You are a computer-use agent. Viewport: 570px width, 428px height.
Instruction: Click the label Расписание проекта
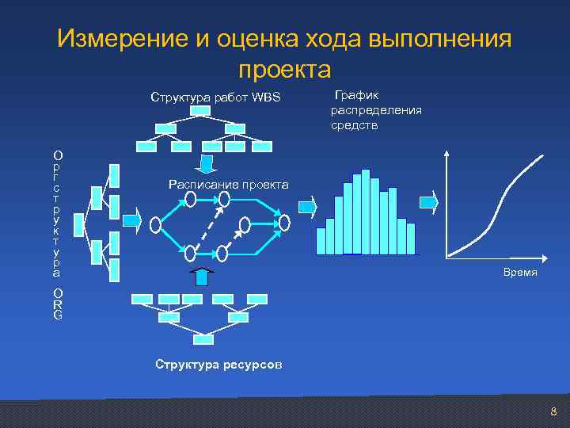pyautogui.click(x=229, y=185)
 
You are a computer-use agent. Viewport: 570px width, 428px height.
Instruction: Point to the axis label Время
pyautogui.click(x=520, y=272)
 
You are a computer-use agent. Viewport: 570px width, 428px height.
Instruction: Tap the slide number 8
pyautogui.click(x=553, y=412)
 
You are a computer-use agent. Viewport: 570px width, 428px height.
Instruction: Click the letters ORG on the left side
pyautogui.click(x=58, y=304)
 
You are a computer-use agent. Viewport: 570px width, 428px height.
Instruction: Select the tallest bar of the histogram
pyautogui.click(x=365, y=211)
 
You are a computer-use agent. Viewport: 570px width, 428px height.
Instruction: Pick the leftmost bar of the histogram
pyautogui.click(x=321, y=240)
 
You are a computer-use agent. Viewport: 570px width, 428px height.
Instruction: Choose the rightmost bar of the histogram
pyautogui.click(x=410, y=238)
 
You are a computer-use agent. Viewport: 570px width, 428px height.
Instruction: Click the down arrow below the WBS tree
pyautogui.click(x=206, y=164)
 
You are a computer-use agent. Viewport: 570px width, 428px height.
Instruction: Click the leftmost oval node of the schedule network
pyautogui.click(x=156, y=224)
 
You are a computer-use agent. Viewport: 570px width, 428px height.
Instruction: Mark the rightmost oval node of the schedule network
pyautogui.click(x=284, y=223)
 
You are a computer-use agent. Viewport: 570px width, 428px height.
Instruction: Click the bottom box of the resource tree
pyautogui.click(x=203, y=339)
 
